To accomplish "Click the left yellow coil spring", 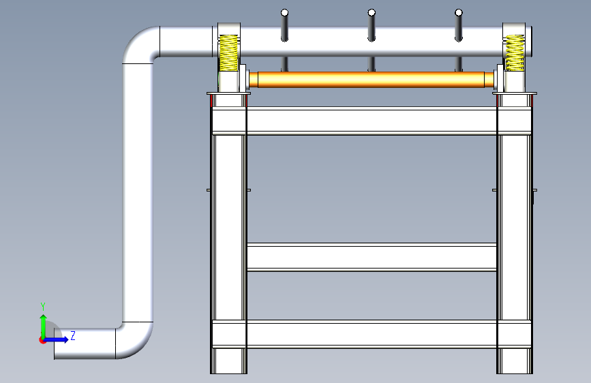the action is click(x=228, y=53).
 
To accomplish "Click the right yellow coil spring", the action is click(x=515, y=53).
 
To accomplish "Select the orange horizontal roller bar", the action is click(x=372, y=80).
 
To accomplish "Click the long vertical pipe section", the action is click(x=138, y=193).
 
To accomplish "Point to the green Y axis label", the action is click(x=43, y=307).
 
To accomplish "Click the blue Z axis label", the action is click(x=73, y=335).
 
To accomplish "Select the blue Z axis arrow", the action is click(x=56, y=339).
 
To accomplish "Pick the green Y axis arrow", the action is click(x=44, y=326).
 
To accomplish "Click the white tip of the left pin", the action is click(x=284, y=13).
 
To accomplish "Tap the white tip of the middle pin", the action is click(x=372, y=13).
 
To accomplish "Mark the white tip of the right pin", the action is click(x=459, y=13).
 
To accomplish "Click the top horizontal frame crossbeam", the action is click(x=372, y=121).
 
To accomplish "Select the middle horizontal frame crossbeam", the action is click(x=372, y=258).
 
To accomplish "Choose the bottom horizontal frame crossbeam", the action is click(x=372, y=334).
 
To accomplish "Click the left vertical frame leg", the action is click(x=228, y=234).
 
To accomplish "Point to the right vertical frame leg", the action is click(x=515, y=234).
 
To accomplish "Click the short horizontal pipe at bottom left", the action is click(x=85, y=343).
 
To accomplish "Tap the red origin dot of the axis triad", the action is click(x=42, y=340).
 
